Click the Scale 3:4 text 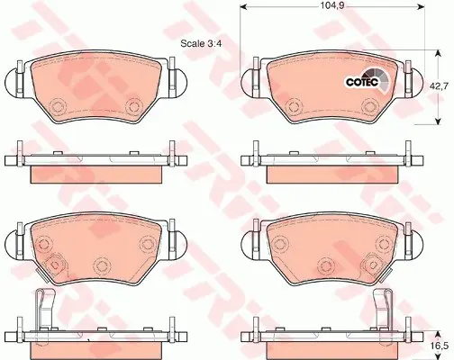(201, 43)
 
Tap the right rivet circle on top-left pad (133, 106)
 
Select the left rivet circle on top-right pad (294, 106)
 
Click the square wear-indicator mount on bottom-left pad (54, 265)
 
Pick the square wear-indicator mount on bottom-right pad (373, 265)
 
